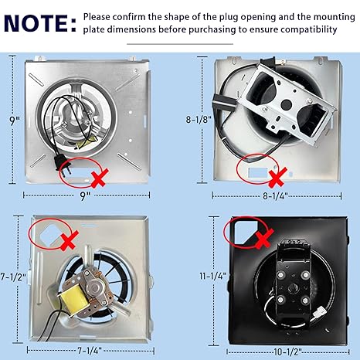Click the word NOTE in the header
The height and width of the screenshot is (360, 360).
(36, 23)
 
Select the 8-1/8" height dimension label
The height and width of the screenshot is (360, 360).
(199, 120)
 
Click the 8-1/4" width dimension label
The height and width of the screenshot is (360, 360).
(275, 196)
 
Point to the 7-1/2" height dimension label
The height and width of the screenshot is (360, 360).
(13, 277)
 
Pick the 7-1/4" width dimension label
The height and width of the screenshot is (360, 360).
(90, 350)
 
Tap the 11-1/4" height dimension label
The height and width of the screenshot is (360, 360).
(212, 276)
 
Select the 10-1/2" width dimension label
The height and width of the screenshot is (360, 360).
(287, 352)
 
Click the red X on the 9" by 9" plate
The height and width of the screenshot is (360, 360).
(98, 178)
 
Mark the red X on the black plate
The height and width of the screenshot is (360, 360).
(263, 239)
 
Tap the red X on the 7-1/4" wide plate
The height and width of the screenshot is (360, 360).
(69, 240)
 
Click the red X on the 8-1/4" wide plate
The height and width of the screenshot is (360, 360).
(277, 178)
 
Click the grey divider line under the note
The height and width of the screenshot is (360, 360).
(180, 44)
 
